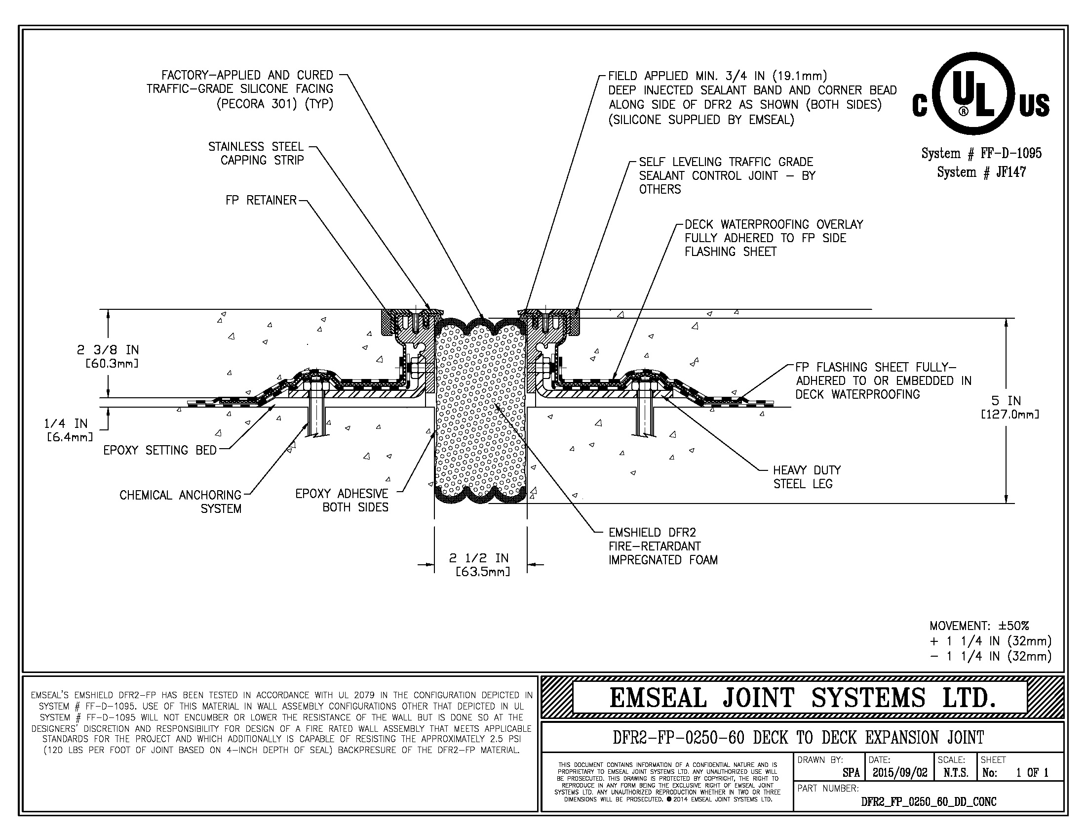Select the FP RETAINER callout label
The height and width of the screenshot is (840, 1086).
pyautogui.click(x=261, y=200)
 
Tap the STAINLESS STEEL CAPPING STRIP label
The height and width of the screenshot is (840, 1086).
pyautogui.click(x=256, y=153)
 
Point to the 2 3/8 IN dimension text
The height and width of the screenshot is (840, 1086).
pyautogui.click(x=108, y=356)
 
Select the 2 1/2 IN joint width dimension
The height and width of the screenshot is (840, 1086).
pyautogui.click(x=479, y=565)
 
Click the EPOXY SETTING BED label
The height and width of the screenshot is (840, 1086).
pyautogui.click(x=160, y=450)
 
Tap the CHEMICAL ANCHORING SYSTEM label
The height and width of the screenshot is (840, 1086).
pyautogui.click(x=180, y=502)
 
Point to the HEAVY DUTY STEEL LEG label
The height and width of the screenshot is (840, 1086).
pyautogui.click(x=807, y=477)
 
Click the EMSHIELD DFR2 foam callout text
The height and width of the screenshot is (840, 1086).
pyautogui.click(x=662, y=546)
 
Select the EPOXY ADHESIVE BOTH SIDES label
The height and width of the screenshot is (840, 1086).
pyautogui.click(x=342, y=500)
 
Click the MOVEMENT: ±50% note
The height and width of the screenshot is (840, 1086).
pyautogui.click(x=979, y=626)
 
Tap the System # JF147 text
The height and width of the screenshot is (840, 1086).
pyautogui.click(x=981, y=172)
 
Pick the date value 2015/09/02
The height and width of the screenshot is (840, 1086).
pyautogui.click(x=899, y=773)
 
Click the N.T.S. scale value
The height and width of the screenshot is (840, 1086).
pyautogui.click(x=955, y=773)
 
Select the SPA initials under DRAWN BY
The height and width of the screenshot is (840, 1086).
pyautogui.click(x=851, y=773)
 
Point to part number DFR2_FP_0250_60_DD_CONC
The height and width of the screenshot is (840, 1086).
pyautogui.click(x=929, y=801)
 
